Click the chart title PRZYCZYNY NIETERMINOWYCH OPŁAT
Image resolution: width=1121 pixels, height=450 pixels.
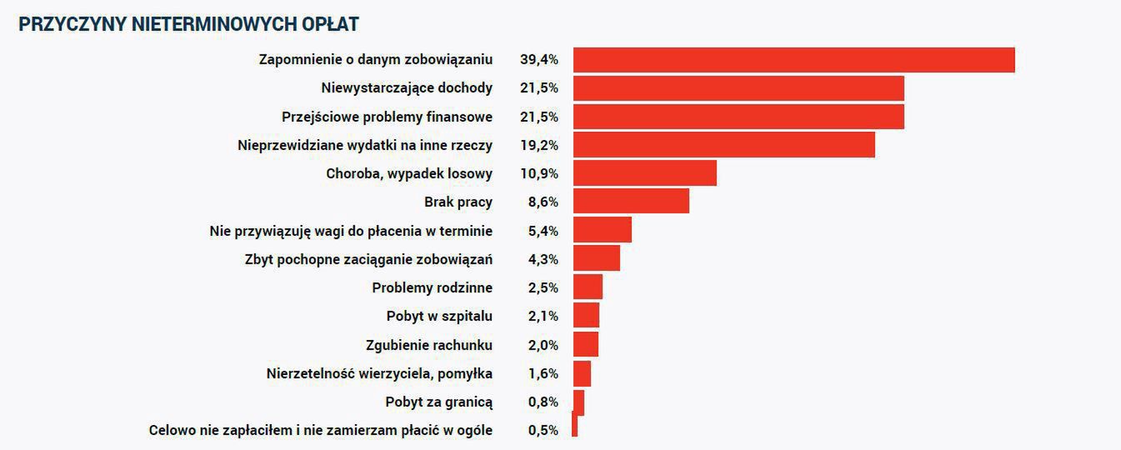point(188,25)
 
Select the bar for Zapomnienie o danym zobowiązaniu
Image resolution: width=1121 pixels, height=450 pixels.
point(793,60)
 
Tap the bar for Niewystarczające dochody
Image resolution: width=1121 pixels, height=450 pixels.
point(738,88)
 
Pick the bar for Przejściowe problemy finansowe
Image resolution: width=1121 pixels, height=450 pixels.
point(738,117)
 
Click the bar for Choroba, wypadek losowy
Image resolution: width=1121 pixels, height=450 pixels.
point(644,173)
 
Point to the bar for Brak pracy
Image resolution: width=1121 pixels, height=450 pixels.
point(631,202)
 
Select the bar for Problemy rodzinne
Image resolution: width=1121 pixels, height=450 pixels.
point(588,287)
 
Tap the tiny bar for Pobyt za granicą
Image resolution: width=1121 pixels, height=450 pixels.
point(578,402)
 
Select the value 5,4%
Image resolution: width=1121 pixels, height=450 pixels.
point(543,231)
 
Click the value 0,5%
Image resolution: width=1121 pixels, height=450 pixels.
point(543,431)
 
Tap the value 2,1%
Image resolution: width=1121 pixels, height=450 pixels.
point(543,317)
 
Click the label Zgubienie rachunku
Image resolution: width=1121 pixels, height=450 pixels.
point(428,345)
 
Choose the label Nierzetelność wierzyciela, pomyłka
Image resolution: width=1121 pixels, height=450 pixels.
point(379,373)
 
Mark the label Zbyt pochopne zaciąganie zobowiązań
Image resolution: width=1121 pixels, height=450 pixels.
point(368,259)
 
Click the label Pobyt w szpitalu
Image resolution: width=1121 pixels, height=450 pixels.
point(439,317)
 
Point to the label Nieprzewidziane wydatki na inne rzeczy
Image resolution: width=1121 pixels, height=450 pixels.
point(364,145)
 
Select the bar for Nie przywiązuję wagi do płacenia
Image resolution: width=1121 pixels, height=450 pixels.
point(602,231)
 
